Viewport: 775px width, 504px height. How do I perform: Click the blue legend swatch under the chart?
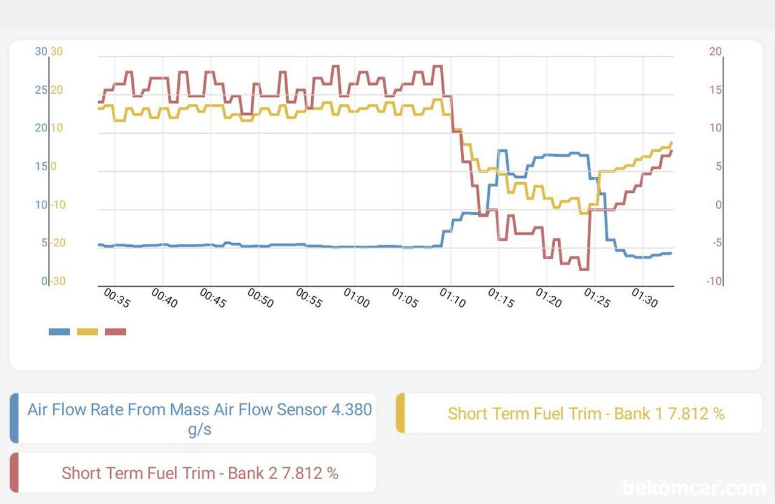tap(59, 332)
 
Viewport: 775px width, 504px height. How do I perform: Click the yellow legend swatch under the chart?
tap(87, 332)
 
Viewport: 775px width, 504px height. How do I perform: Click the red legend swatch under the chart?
tap(116, 332)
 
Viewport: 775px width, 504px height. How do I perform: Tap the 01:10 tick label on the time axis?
tap(453, 298)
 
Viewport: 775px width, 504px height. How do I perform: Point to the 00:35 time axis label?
tap(117, 298)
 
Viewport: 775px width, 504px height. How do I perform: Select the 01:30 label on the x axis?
tap(644, 298)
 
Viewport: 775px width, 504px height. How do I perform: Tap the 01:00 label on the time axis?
tap(357, 298)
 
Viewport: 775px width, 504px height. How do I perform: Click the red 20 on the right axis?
tap(715, 51)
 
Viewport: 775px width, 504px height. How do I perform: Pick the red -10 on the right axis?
tap(714, 281)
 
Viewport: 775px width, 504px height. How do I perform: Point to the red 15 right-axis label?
tap(715, 90)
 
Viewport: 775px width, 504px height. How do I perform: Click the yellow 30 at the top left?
tap(56, 51)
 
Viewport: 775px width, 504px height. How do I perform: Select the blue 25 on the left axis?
tap(41, 90)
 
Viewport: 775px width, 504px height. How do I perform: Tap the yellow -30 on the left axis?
tap(57, 281)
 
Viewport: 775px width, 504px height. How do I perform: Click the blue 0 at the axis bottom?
tap(44, 281)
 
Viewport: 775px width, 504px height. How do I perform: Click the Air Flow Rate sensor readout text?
tap(199, 410)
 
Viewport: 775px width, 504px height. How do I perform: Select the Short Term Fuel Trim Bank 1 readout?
tap(585, 414)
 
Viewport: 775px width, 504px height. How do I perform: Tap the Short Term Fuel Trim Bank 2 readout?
tap(200, 473)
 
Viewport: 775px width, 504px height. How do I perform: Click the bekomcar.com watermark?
tap(694, 488)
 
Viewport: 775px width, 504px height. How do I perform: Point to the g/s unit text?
tap(199, 430)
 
